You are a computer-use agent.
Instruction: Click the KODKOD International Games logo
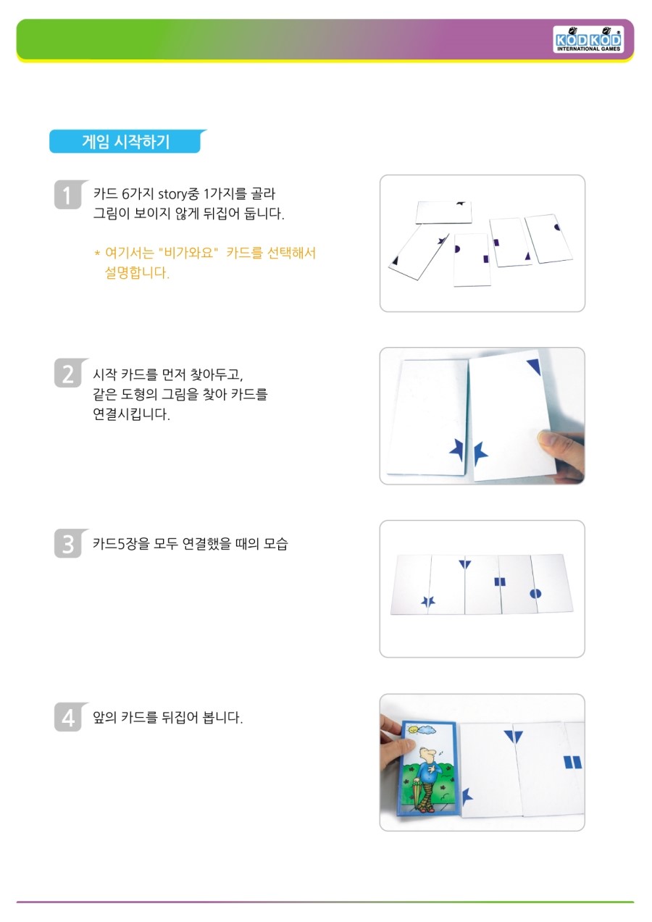tap(588, 40)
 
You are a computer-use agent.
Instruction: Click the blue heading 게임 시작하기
tap(125, 141)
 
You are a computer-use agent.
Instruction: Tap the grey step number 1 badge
tap(68, 195)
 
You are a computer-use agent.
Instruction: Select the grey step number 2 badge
tap(68, 373)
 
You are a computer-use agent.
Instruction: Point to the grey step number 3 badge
tap(68, 543)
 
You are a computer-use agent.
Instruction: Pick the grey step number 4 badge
tap(68, 717)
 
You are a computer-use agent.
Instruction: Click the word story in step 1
tap(173, 193)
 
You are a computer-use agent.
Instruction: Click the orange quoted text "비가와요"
tap(188, 252)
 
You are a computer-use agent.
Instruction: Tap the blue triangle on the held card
tap(534, 366)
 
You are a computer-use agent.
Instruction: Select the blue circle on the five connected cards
tap(535, 593)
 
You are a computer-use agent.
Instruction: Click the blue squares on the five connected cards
tap(500, 582)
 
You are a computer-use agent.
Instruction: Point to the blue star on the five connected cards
tap(428, 602)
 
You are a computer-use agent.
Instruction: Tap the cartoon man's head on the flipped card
tap(427, 755)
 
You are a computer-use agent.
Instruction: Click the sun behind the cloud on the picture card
tap(412, 730)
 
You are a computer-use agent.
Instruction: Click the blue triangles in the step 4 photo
tap(514, 737)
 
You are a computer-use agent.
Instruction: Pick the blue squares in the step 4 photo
tap(572, 762)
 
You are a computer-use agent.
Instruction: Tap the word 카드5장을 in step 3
tap(120, 544)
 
